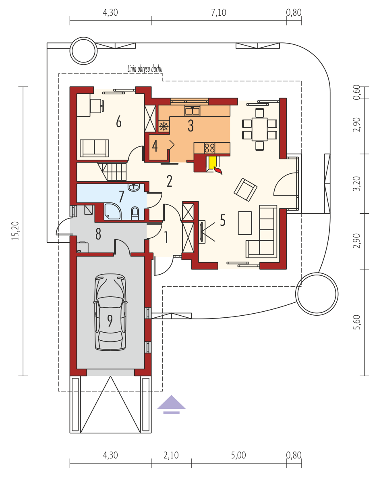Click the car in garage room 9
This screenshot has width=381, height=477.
[110, 312]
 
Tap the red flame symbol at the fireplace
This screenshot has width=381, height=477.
[218, 171]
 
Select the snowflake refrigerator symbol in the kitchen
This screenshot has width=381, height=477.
[164, 126]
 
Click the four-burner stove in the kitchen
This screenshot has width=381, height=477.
[209, 148]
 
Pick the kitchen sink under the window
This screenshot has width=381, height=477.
[193, 111]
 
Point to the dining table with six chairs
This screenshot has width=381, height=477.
[259, 129]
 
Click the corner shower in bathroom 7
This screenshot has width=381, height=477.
[112, 212]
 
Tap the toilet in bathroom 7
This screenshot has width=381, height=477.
[135, 213]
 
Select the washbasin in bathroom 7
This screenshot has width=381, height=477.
[134, 187]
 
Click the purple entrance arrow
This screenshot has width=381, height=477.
[171, 404]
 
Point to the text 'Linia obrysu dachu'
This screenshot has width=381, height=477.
[145, 69]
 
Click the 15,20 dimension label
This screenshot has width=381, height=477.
[15, 231]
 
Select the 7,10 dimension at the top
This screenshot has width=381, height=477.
[218, 12]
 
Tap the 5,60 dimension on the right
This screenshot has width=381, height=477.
[357, 322]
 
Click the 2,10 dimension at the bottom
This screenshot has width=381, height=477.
[171, 455]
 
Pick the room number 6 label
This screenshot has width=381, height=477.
[119, 122]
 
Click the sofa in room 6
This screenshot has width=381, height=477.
[94, 148]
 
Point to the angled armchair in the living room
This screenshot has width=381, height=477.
[246, 190]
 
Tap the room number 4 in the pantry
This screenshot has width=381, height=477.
[155, 146]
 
